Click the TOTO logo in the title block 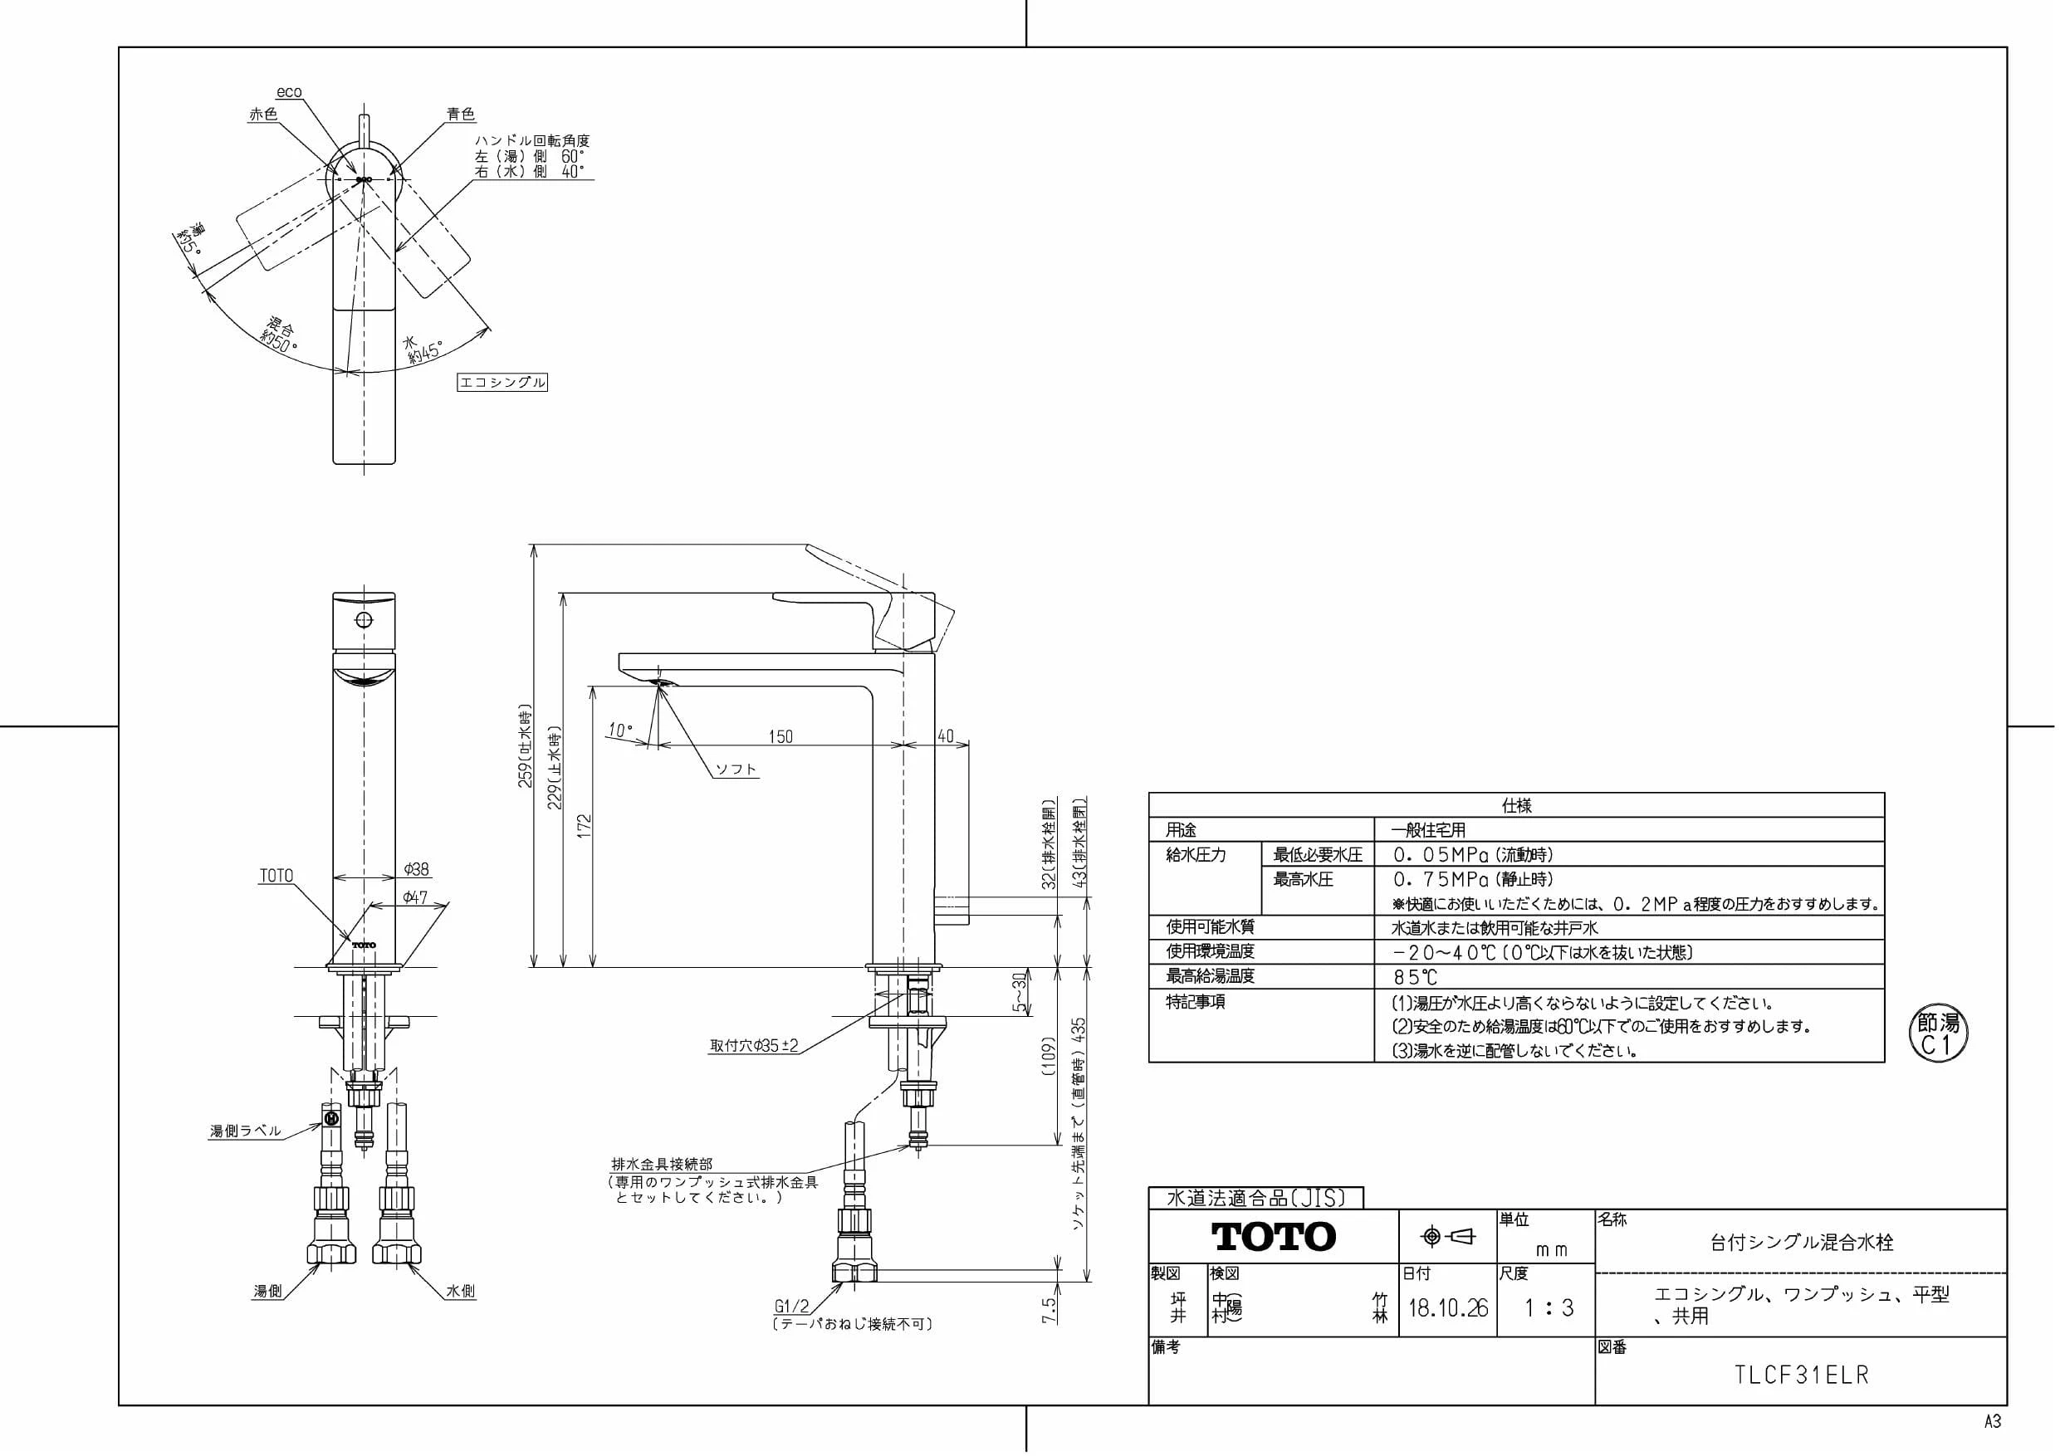pos(1273,1237)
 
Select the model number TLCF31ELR pos(1802,1376)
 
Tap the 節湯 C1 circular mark pos(1938,1033)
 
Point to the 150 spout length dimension pos(780,736)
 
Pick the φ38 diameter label pos(416,869)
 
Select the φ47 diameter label pos(414,897)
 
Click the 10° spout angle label pos(619,731)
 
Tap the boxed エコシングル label pos(502,382)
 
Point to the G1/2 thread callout pos(791,1307)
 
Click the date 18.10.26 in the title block pos(1448,1308)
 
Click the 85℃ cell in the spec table pos(1415,977)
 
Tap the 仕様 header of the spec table pos(1516,805)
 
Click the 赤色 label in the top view pos(263,114)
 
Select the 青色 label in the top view pos(461,114)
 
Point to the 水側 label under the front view pos(461,1291)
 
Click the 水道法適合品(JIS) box pos(1256,1198)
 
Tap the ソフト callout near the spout pos(736,769)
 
